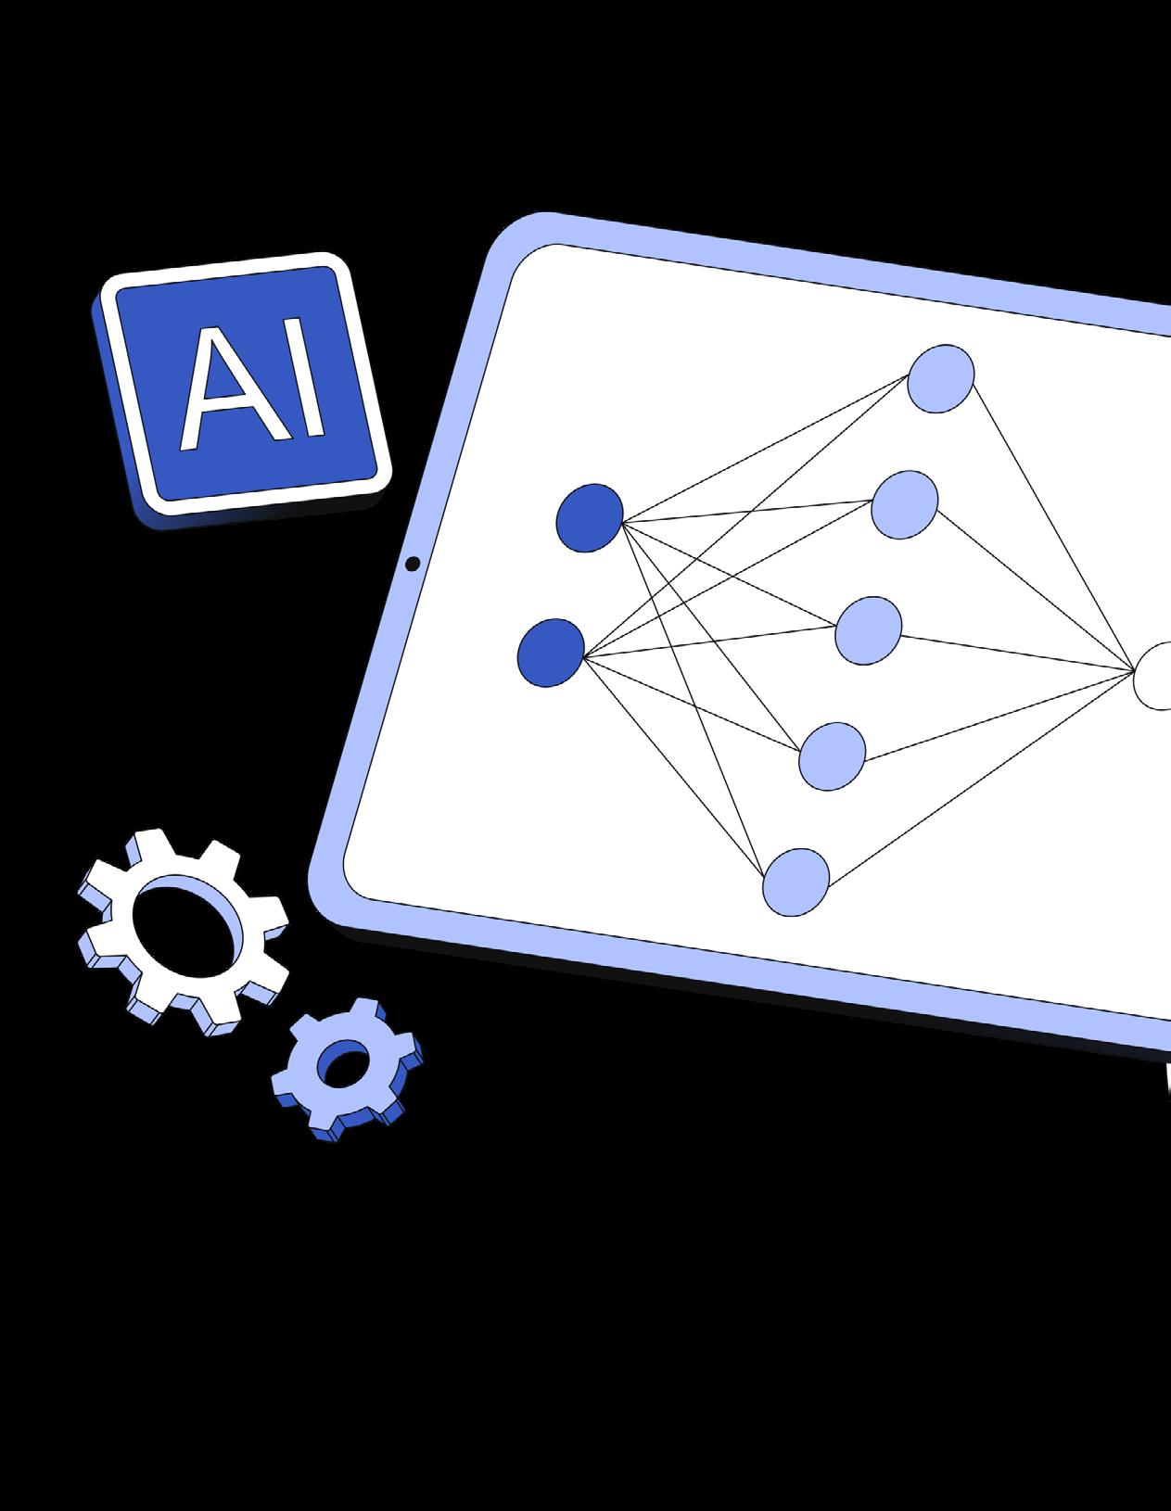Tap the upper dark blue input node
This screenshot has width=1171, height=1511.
(x=589, y=517)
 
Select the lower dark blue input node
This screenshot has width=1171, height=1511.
(x=551, y=653)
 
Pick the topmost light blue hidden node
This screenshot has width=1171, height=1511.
(x=940, y=378)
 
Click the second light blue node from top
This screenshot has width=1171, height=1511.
(x=904, y=505)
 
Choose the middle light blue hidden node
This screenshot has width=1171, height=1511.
(x=869, y=630)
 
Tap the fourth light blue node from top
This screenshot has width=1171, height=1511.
(x=833, y=756)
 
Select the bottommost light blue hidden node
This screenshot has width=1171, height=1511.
(x=796, y=882)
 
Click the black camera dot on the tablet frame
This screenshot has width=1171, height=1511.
(x=413, y=564)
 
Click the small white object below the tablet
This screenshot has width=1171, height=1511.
(x=1167, y=1078)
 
